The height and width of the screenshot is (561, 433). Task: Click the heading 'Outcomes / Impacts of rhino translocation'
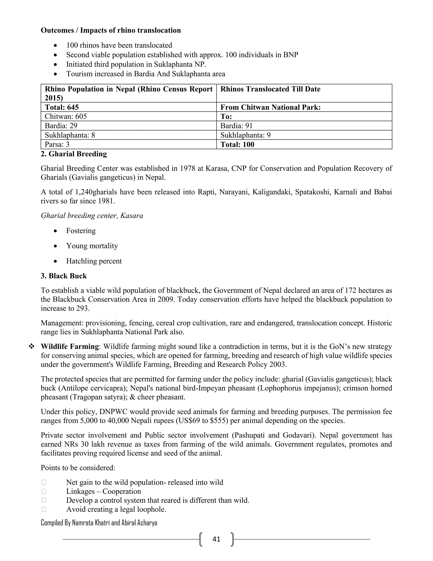111,30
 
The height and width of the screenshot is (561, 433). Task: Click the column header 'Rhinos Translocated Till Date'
270,89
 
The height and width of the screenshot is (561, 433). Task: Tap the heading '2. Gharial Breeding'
74,154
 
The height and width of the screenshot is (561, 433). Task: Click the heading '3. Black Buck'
64,276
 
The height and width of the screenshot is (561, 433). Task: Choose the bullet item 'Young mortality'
92,246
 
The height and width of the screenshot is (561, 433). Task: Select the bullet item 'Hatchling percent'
94,261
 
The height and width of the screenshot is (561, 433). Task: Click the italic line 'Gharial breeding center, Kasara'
92,216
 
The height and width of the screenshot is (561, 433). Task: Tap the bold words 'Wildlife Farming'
70,347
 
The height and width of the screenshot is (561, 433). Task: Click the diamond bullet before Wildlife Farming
32,347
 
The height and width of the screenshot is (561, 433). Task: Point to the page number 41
216,539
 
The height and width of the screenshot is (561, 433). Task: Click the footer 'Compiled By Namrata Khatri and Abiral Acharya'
99,523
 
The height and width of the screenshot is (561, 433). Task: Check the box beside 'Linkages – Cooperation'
44,491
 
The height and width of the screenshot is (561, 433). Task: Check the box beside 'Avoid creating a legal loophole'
44,509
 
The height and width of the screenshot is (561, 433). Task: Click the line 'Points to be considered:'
78,468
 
